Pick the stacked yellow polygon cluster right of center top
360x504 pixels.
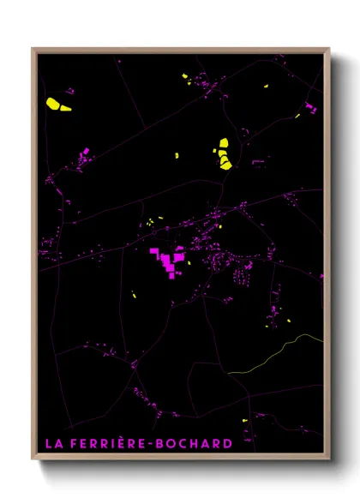click(x=223, y=154)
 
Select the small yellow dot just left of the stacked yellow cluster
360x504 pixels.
click(x=177, y=155)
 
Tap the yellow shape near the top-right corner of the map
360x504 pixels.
click(x=265, y=85)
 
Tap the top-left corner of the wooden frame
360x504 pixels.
click(x=33, y=49)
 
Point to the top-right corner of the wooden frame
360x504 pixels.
click(x=329, y=49)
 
